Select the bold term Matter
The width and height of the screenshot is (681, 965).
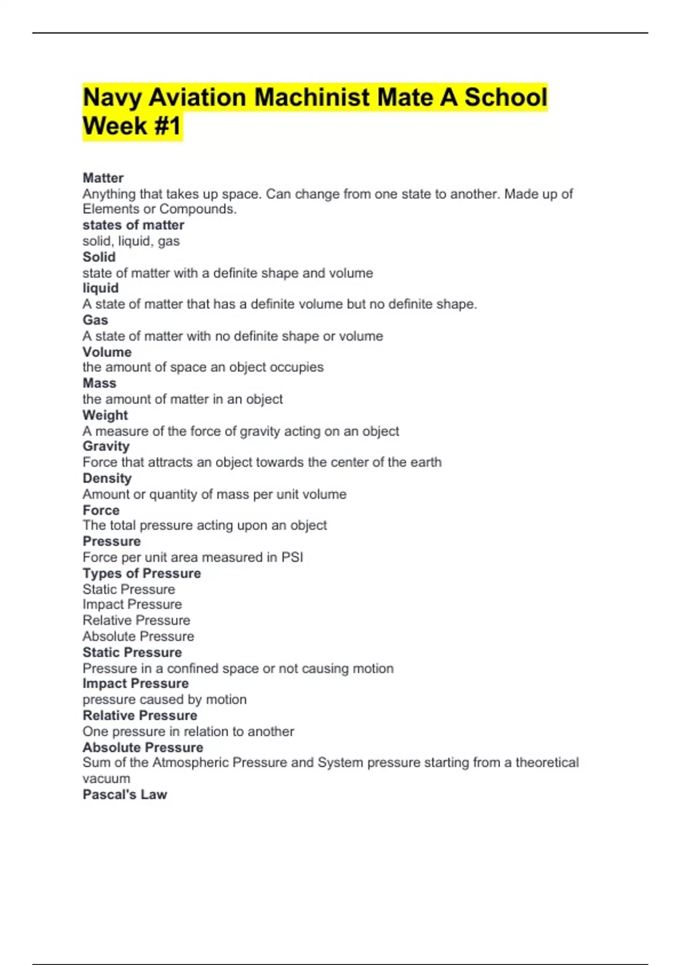point(103,178)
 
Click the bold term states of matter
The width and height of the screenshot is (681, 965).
point(133,225)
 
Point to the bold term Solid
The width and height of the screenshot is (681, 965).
point(99,257)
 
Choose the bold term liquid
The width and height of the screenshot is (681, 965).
point(100,288)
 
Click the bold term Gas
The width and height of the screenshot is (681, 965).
point(95,320)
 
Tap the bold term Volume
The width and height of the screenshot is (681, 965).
point(107,352)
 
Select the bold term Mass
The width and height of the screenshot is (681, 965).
point(99,383)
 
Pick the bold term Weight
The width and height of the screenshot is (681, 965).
point(105,415)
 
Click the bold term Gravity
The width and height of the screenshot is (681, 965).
point(106,447)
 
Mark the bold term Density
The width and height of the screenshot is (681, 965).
point(107,479)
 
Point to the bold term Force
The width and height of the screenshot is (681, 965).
point(101,510)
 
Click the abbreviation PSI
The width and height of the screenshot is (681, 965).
point(292,557)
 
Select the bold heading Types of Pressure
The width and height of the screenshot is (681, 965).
point(142,573)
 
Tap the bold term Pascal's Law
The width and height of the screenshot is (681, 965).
point(125,795)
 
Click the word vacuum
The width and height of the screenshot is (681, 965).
point(106,779)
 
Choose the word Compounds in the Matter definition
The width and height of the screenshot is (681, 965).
point(197,209)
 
